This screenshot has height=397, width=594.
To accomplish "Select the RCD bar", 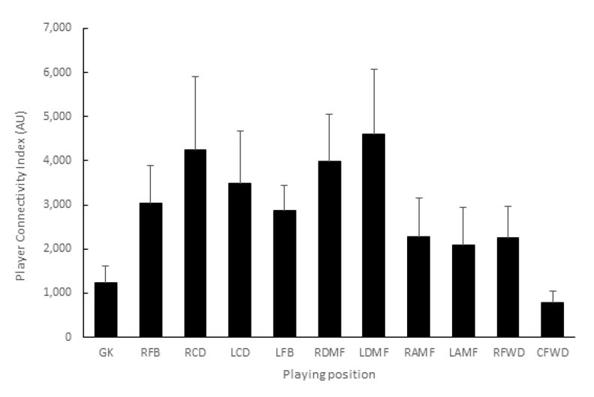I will [195, 243].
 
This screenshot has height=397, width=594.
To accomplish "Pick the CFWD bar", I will [553, 319].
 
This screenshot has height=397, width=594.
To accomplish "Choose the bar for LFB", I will [285, 273].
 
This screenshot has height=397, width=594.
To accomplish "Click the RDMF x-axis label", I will [329, 351].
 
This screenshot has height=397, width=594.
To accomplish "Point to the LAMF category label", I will [463, 351].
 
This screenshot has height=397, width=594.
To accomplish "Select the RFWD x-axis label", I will [508, 351].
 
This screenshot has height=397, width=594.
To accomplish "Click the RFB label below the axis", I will [150, 351].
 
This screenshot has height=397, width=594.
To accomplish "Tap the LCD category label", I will [240, 351].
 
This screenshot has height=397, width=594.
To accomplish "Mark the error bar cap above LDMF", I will [374, 69].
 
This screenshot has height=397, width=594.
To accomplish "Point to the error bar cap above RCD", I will [195, 77].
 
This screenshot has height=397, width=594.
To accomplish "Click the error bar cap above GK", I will [106, 266].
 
